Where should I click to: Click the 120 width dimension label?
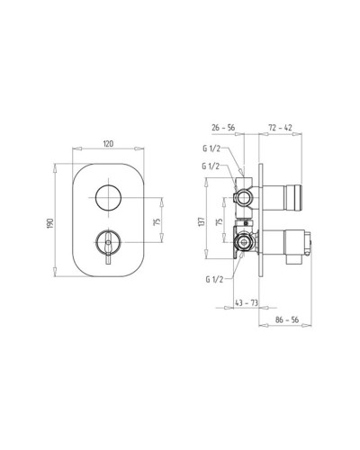click(x=108, y=143)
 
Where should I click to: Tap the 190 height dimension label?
click(x=50, y=223)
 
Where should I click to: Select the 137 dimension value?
click(x=202, y=221)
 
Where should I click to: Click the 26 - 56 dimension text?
click(x=223, y=128)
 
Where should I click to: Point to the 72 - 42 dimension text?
click(x=280, y=128)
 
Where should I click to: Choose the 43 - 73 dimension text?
click(x=246, y=303)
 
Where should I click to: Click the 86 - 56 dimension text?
click(x=287, y=319)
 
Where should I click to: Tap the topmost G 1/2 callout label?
click(x=211, y=149)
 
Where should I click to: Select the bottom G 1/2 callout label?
click(x=214, y=280)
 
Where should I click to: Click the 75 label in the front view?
click(x=157, y=221)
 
